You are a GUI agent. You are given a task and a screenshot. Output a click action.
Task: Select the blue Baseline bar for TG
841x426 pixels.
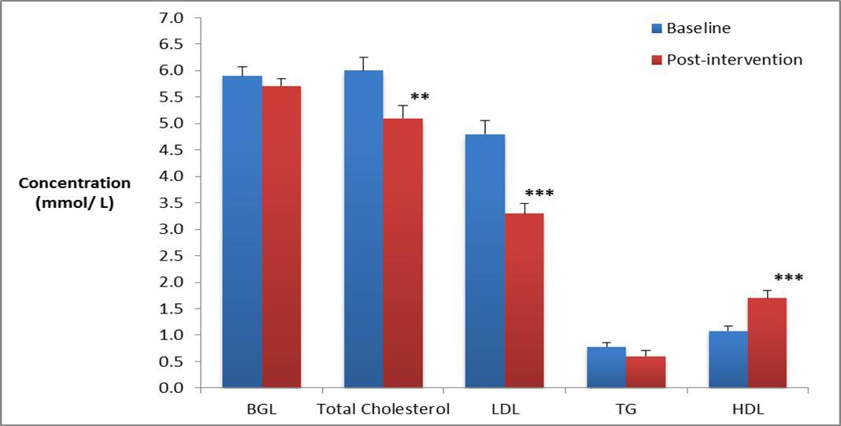[x=606, y=368]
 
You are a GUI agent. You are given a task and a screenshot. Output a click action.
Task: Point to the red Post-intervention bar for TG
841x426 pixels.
[x=645, y=372]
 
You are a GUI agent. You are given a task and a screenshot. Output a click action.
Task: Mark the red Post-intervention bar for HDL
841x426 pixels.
[x=766, y=343]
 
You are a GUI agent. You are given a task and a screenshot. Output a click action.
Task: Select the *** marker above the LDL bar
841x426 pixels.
[x=539, y=194]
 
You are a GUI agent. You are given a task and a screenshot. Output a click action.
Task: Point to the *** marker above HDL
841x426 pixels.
[x=788, y=279]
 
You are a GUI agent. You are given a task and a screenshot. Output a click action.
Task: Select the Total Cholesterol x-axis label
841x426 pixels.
[x=383, y=409]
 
